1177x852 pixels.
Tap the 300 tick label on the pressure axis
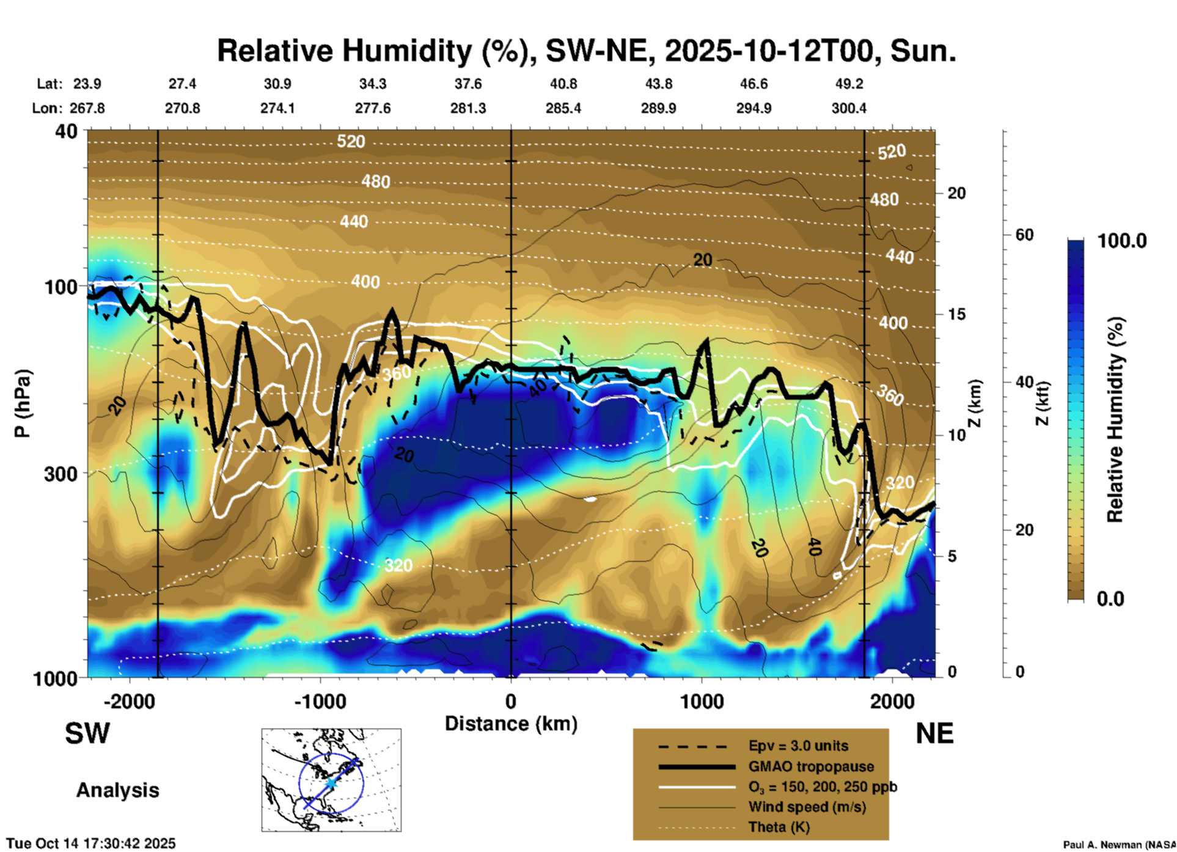coord(61,474)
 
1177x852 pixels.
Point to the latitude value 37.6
coord(468,84)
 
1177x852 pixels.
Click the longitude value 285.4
coord(563,108)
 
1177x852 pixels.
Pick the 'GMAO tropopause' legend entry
coord(811,766)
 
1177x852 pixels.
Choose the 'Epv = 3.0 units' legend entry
coord(798,746)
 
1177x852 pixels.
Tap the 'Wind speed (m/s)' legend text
coord(807,807)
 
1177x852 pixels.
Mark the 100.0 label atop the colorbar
coord(1122,241)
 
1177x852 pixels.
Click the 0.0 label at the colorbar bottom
coord(1110,598)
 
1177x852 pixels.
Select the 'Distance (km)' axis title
coord(511,724)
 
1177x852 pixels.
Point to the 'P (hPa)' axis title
coord(23,403)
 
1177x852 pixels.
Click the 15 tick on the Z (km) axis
coord(956,314)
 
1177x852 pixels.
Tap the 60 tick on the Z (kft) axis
coord(1024,235)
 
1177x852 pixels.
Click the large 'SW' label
coord(87,733)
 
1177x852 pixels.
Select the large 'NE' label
coord(934,733)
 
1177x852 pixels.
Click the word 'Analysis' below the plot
coord(117,790)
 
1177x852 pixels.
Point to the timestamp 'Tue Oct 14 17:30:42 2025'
coord(91,843)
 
